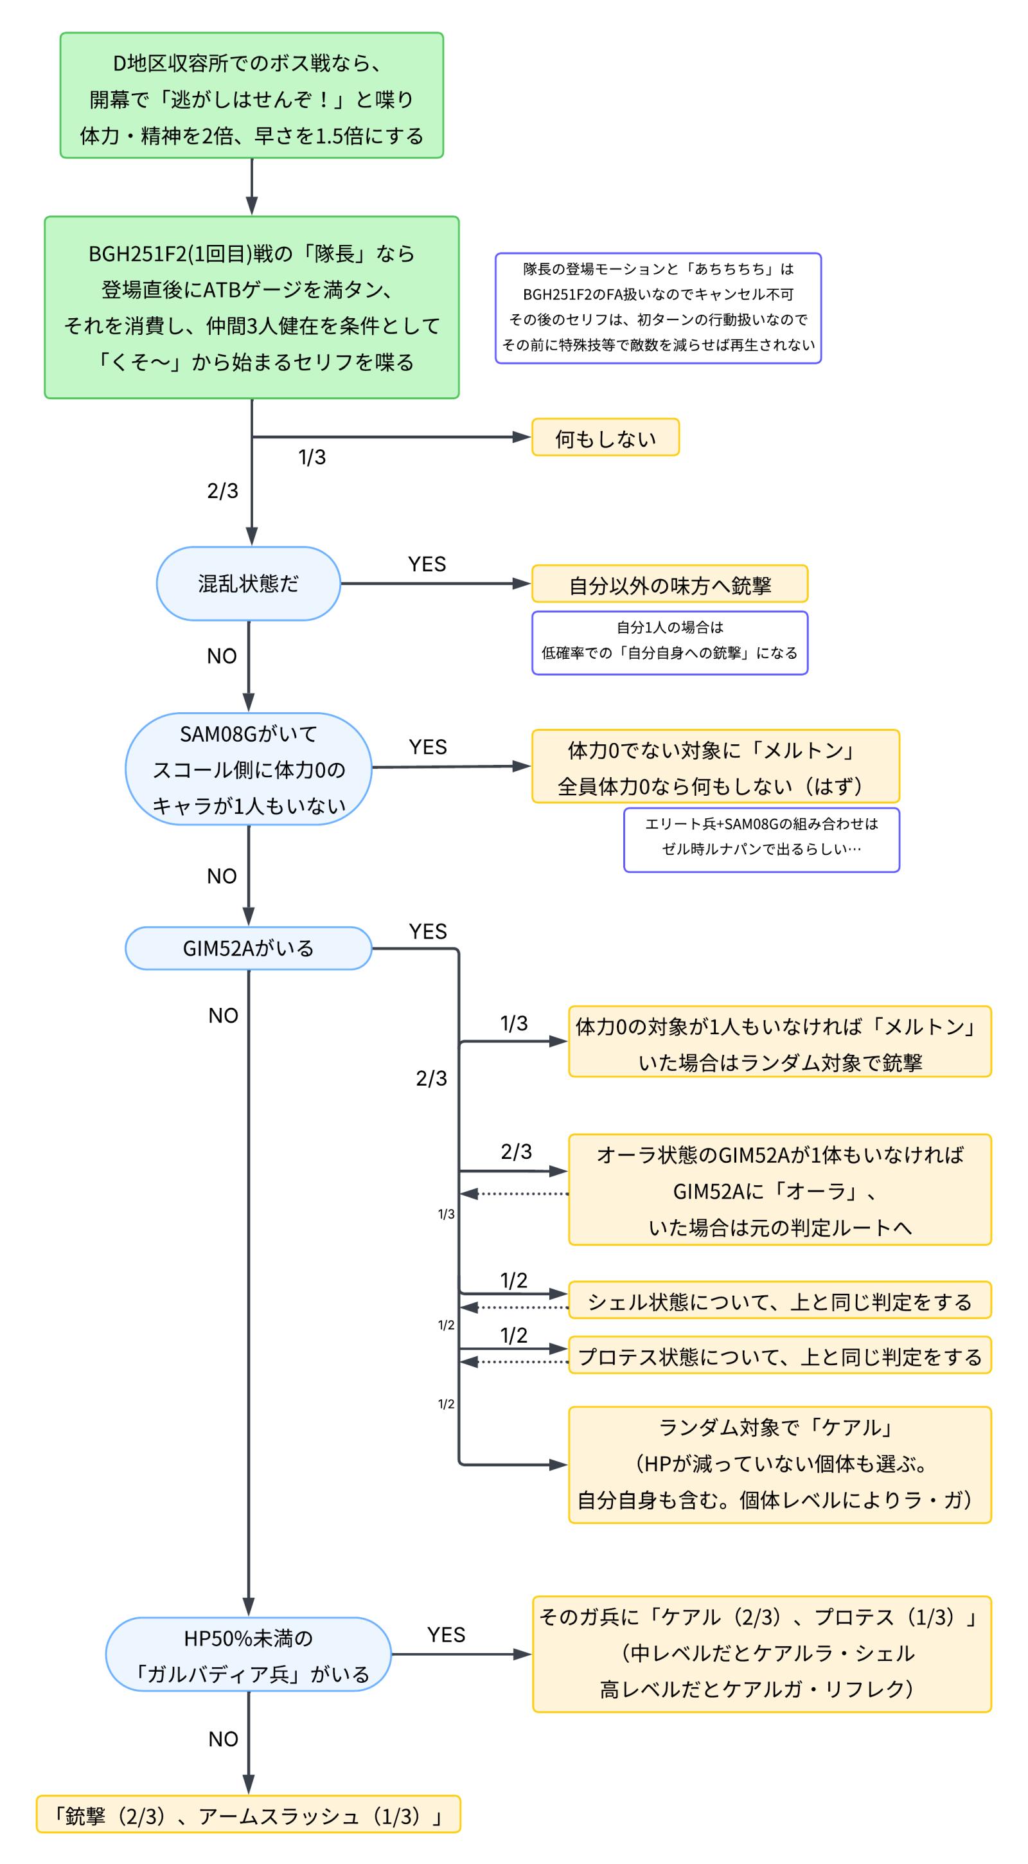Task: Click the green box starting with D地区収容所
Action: [x=251, y=96]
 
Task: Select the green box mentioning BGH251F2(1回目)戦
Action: [x=251, y=307]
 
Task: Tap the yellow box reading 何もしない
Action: [x=605, y=438]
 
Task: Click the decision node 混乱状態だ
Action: [x=248, y=584]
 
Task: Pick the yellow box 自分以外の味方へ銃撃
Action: [x=669, y=585]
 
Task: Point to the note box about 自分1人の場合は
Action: [x=669, y=643]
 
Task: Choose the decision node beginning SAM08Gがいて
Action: [x=248, y=769]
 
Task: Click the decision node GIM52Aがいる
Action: [x=248, y=948]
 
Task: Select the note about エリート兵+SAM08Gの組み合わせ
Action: [x=761, y=839]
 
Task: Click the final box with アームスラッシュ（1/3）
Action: [x=248, y=1816]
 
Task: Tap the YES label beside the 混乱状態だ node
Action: [x=427, y=564]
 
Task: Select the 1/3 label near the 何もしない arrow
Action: [x=312, y=457]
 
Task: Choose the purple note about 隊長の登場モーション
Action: [x=658, y=307]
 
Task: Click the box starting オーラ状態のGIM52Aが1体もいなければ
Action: [x=779, y=1190]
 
